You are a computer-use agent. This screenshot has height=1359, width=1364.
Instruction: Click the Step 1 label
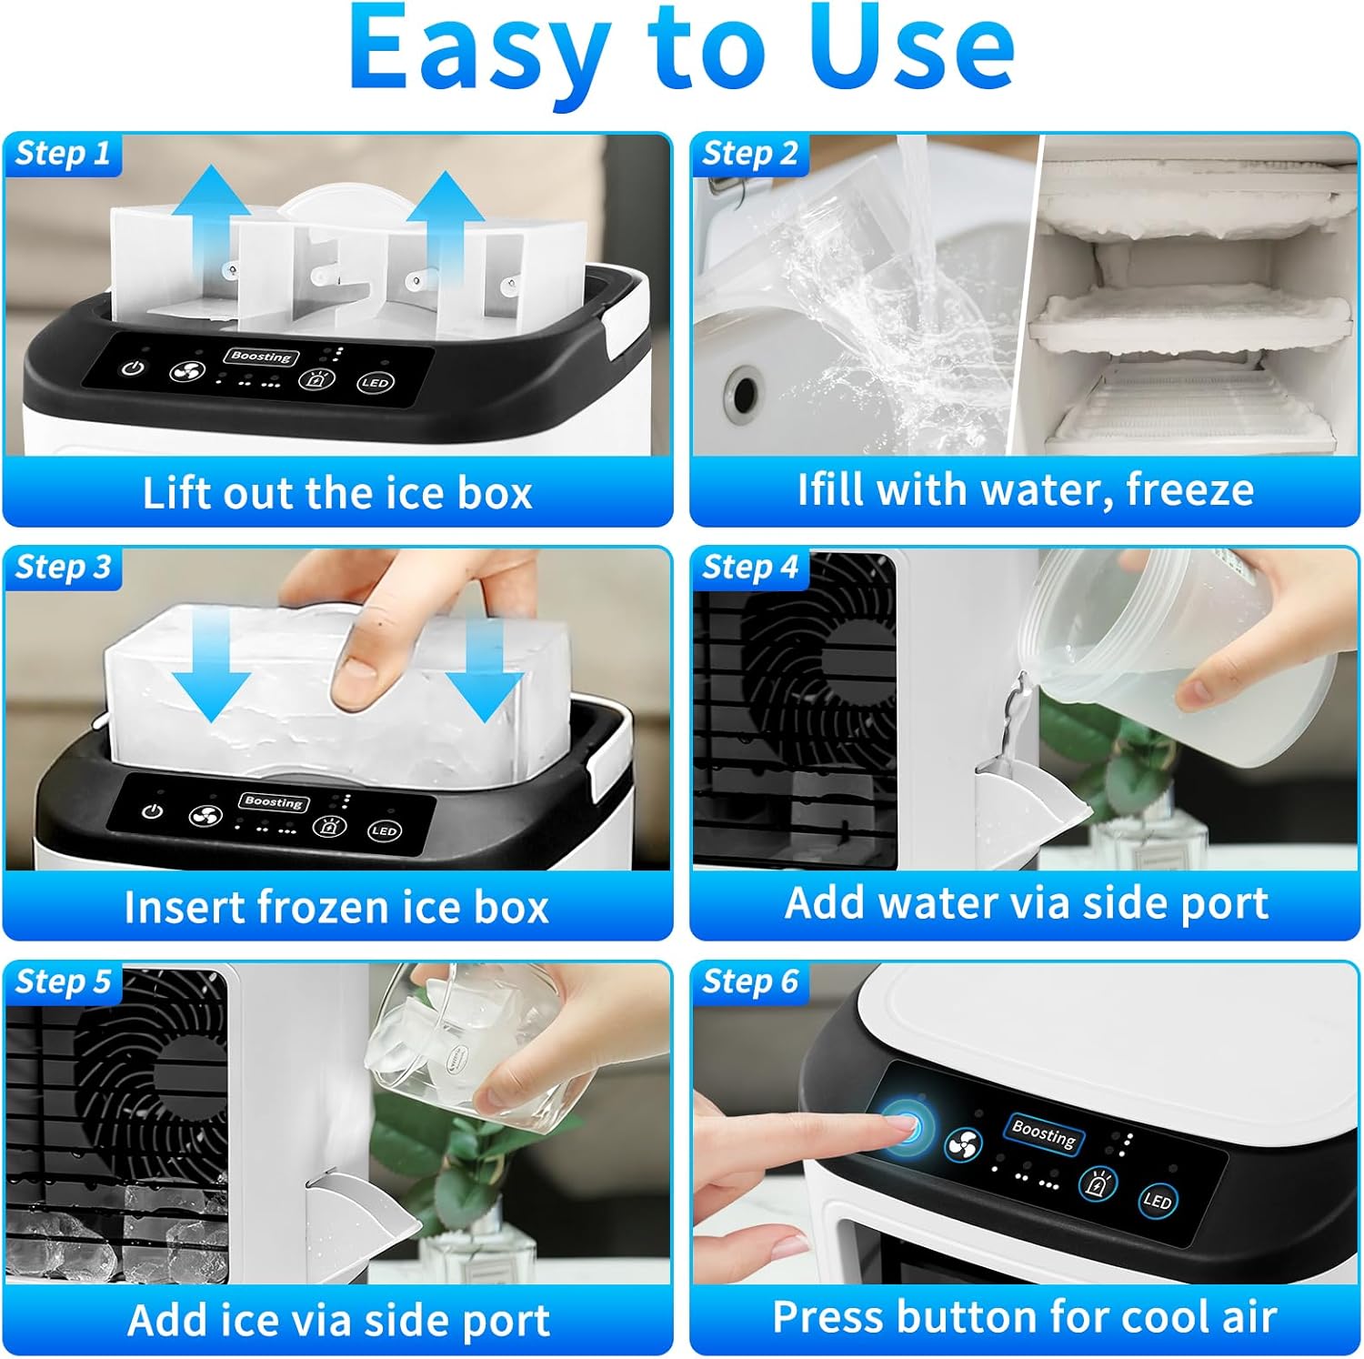tap(62, 153)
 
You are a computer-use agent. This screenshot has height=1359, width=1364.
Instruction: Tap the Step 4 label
tap(749, 567)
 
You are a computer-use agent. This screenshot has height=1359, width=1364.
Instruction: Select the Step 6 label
tap(749, 981)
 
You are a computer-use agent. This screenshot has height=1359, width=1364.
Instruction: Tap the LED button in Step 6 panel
tap(1157, 1201)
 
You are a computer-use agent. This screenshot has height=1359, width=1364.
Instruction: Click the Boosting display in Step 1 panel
tap(260, 357)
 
